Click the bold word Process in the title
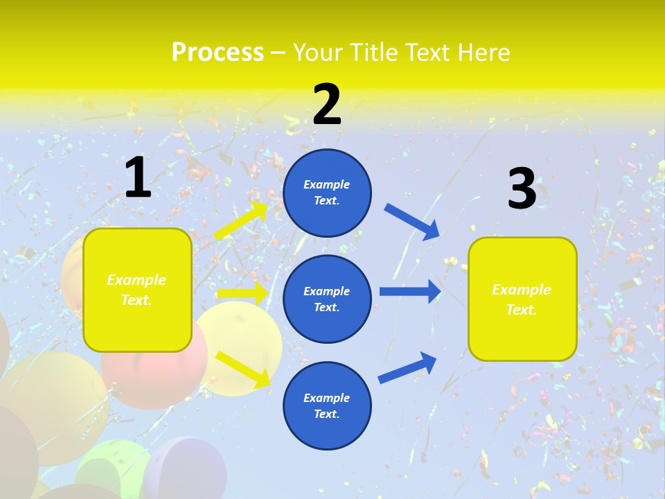tap(218, 52)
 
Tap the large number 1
tap(138, 178)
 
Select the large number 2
tap(327, 105)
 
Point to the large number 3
tap(522, 189)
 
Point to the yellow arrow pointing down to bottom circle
tap(243, 369)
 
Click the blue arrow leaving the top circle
tap(412, 221)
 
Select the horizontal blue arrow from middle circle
tap(410, 291)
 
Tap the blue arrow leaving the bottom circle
tap(407, 368)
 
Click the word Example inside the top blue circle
tap(327, 184)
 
